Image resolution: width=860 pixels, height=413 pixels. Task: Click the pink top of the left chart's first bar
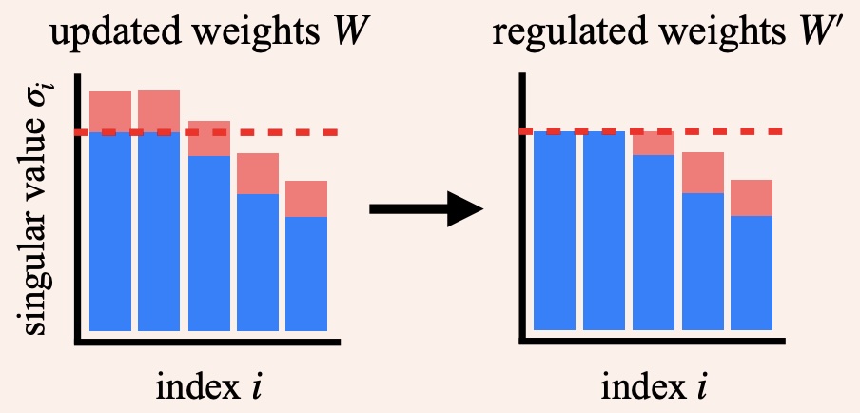[110, 109]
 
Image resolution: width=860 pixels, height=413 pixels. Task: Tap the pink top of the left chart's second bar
[159, 109]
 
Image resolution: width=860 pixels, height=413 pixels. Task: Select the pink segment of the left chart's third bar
[208, 139]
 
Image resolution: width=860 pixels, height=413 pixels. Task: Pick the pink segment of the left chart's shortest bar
[306, 199]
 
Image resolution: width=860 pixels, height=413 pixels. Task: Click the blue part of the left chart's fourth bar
[257, 262]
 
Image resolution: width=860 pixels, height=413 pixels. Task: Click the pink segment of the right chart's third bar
[653, 144]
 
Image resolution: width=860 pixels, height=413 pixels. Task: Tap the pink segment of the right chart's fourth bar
[702, 172]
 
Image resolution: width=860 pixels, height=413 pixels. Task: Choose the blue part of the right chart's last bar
[752, 272]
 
